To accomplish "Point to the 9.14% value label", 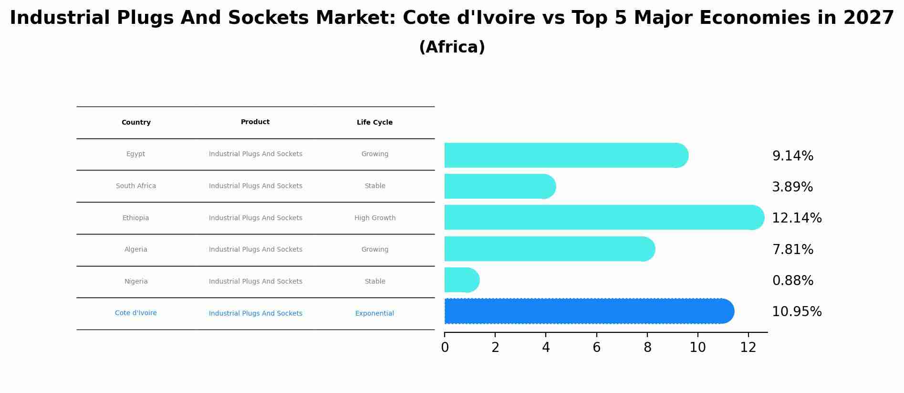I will tap(792, 156).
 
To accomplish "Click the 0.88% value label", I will tap(792, 281).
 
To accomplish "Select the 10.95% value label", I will tap(797, 312).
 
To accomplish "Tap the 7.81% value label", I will tap(792, 249).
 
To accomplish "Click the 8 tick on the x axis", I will tap(647, 348).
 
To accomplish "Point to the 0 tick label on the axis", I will tap(445, 348).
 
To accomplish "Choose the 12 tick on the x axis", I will tap(748, 348).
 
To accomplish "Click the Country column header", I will tap(136, 123).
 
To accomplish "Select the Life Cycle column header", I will tap(374, 123).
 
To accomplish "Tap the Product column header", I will tap(255, 122).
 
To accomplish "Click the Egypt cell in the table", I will tap(135, 154).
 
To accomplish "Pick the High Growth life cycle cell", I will tap(374, 218).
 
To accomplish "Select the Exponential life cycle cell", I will tap(374, 314).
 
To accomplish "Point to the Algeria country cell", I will tap(135, 250).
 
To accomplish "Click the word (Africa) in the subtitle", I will tap(452, 47).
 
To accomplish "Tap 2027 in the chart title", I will tap(868, 18).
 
